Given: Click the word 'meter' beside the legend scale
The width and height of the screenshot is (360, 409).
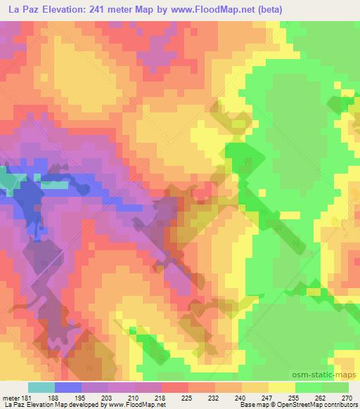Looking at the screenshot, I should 8,397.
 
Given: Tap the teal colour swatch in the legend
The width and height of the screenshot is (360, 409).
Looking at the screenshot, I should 41,387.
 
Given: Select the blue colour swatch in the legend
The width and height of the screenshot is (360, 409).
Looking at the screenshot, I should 68,387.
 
